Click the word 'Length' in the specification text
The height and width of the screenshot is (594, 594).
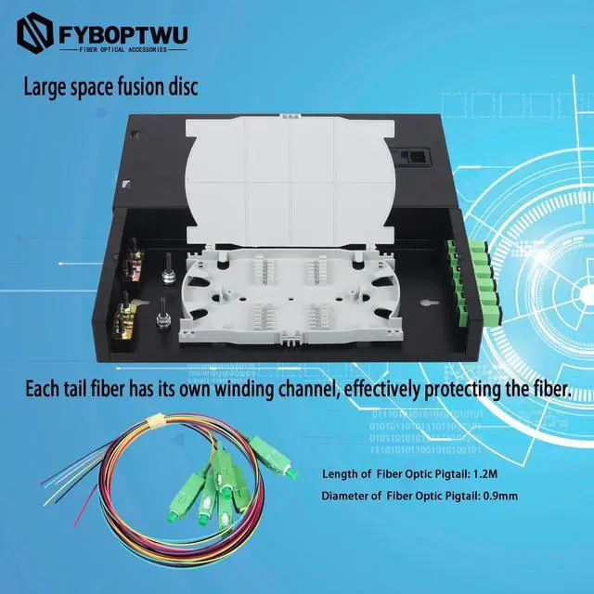tap(341, 473)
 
